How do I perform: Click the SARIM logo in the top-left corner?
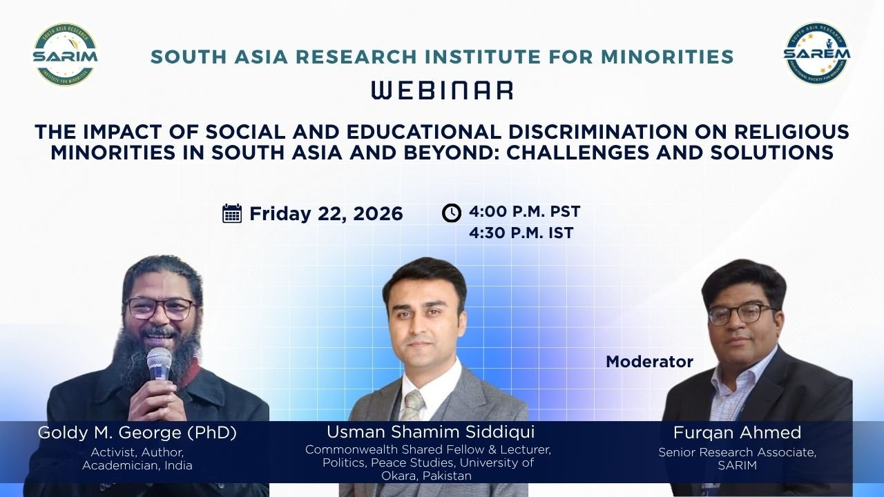pos(65,55)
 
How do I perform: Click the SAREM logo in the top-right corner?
pos(816,53)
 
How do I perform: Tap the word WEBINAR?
pos(443,90)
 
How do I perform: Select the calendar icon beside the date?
pos(232,213)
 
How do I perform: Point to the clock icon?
pos(452,213)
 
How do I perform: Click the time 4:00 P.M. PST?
pos(524,212)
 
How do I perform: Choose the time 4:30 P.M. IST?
pos(521,233)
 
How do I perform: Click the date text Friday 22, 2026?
pos(326,214)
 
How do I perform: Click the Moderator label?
pos(649,362)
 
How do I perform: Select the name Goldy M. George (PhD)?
pos(137,433)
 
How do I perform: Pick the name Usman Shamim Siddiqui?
pos(430,432)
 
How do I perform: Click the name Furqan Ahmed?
pos(737,433)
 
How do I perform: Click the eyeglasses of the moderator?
pos(742,314)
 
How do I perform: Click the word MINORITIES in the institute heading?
pos(667,57)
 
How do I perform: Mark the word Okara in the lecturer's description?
pos(398,476)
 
